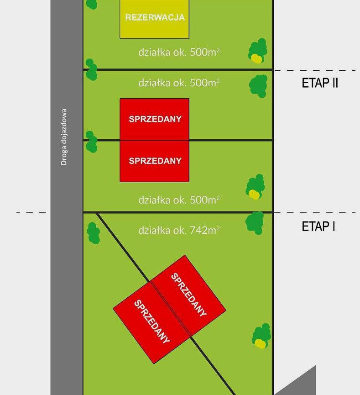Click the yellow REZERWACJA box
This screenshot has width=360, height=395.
click(155, 18)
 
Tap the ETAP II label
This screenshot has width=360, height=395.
click(320, 83)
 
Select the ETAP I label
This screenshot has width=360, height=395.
click(318, 226)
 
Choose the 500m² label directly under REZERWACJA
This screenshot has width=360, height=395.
click(179, 52)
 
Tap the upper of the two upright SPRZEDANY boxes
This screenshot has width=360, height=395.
click(155, 119)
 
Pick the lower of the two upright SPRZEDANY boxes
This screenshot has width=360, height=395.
click(155, 161)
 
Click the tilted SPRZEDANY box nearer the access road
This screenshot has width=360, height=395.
click(151, 322)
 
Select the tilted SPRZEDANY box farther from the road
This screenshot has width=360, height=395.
click(188, 295)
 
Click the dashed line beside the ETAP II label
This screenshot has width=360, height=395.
click(315, 70)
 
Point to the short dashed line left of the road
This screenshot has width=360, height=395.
click(31, 212)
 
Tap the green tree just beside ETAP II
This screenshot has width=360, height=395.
click(259, 85)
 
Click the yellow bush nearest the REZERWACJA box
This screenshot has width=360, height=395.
click(256, 58)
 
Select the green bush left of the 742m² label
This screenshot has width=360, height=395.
click(94, 233)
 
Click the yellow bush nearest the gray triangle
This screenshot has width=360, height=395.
click(260, 343)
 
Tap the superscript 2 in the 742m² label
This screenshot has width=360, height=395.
click(218, 227)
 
